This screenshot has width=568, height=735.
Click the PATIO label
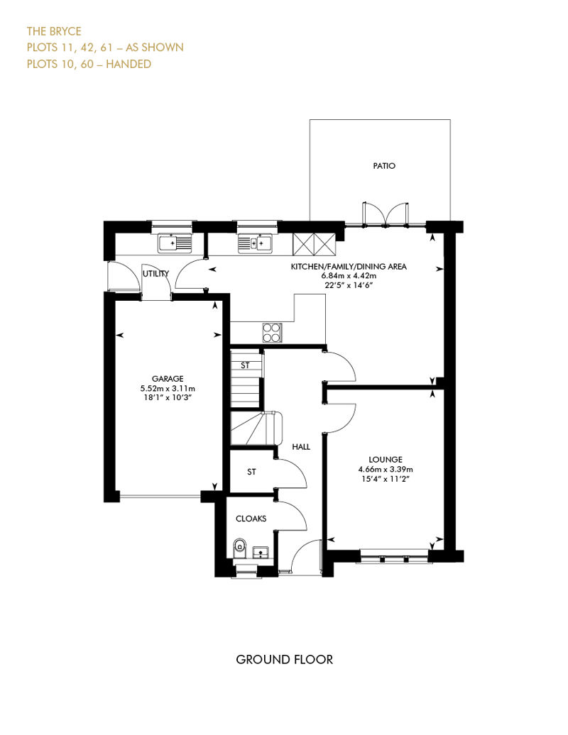coord(384,165)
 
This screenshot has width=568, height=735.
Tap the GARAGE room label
coord(168,379)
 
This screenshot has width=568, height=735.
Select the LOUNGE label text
coord(386,460)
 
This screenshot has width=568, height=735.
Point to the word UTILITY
coord(155,274)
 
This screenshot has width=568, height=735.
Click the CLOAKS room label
coord(251,519)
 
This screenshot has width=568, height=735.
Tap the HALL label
coord(301,447)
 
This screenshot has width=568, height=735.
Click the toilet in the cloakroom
coord(240,548)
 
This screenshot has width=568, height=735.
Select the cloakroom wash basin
coord(261,552)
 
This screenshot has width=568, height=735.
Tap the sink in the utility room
coord(175,244)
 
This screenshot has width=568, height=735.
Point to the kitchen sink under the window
coord(255,244)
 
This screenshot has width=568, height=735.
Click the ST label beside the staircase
coord(245,365)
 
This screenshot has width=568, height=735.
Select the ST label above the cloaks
coord(251,472)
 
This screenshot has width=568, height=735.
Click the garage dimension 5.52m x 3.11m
coord(168,389)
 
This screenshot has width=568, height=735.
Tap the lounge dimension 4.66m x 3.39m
coord(386,469)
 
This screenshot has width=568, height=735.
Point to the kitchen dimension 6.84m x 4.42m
coord(349,275)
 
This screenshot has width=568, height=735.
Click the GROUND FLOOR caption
coord(284,660)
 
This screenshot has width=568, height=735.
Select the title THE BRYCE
coord(54,31)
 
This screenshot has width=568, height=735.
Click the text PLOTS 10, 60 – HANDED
coord(89,64)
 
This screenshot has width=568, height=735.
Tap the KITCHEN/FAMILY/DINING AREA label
coord(349,266)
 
